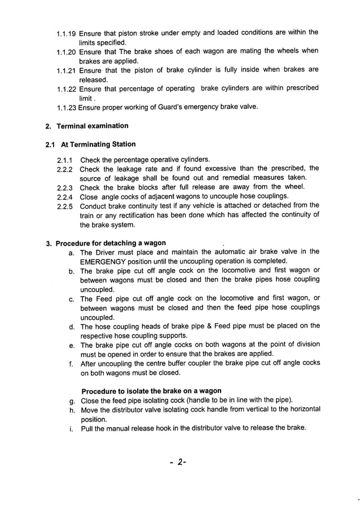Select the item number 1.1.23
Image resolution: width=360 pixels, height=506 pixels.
click(x=67, y=107)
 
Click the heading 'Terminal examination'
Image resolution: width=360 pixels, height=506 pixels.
click(x=92, y=126)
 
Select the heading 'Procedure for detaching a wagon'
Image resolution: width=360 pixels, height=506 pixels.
click(x=111, y=243)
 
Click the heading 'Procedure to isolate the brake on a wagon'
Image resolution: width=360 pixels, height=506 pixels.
click(x=151, y=391)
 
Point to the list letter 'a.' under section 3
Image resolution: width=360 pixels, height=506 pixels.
click(x=72, y=252)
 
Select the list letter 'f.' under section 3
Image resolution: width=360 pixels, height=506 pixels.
click(x=72, y=364)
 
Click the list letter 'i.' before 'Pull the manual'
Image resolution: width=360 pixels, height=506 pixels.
click(x=72, y=428)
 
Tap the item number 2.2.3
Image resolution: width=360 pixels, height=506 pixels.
click(x=66, y=187)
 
